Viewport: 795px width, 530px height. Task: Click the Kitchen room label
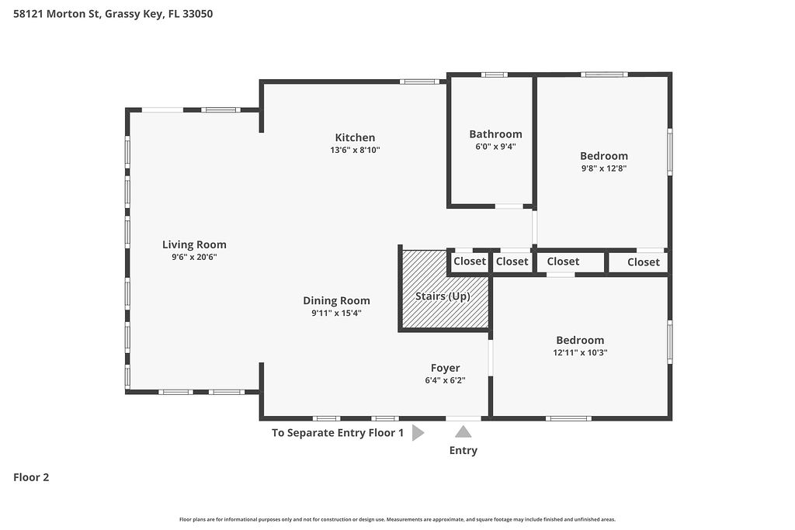[355, 137]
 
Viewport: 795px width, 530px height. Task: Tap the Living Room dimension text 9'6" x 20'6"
[194, 257]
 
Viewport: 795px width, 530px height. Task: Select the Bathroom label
[495, 133]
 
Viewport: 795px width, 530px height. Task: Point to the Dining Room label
[337, 300]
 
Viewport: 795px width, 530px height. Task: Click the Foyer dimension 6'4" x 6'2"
[445, 380]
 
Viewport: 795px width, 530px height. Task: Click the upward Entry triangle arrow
[463, 431]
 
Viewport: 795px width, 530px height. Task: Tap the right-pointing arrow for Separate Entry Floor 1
[418, 433]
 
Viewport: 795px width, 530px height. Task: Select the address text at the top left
[113, 14]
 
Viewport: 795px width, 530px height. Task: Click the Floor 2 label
[31, 477]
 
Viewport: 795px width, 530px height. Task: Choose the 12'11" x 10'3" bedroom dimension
[580, 352]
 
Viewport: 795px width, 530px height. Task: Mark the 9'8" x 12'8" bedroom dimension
[604, 168]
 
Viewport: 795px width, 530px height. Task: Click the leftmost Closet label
[470, 261]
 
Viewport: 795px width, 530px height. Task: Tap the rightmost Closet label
[644, 262]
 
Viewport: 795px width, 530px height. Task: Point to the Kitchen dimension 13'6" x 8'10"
[355, 150]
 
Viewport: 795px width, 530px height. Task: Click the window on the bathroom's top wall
[495, 75]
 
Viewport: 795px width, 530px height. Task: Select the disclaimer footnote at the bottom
[397, 519]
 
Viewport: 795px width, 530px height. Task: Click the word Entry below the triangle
[463, 450]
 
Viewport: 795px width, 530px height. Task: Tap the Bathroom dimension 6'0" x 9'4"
[496, 147]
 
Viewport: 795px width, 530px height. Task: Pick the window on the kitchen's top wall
[419, 81]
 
